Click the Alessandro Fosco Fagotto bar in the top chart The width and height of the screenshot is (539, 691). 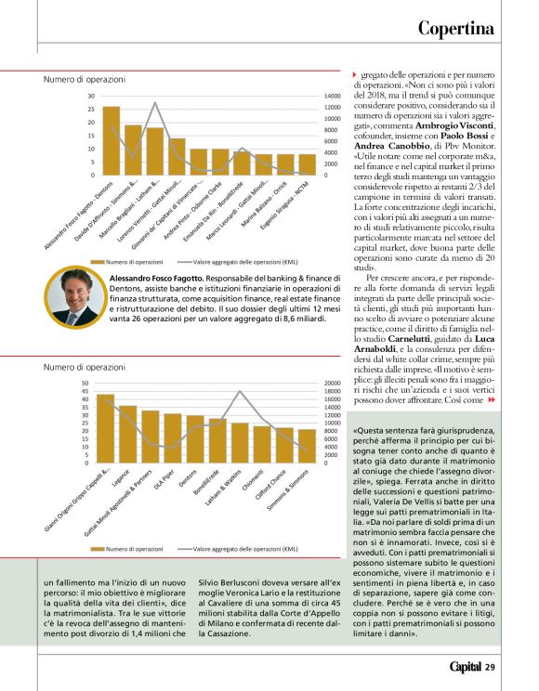[x=112, y=140]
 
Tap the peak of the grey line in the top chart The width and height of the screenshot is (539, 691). [x=155, y=102]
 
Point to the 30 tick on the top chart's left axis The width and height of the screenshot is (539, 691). [x=91, y=96]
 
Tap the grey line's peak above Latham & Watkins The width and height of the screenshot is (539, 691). [x=241, y=392]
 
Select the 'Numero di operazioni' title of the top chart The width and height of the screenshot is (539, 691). [x=85, y=80]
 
